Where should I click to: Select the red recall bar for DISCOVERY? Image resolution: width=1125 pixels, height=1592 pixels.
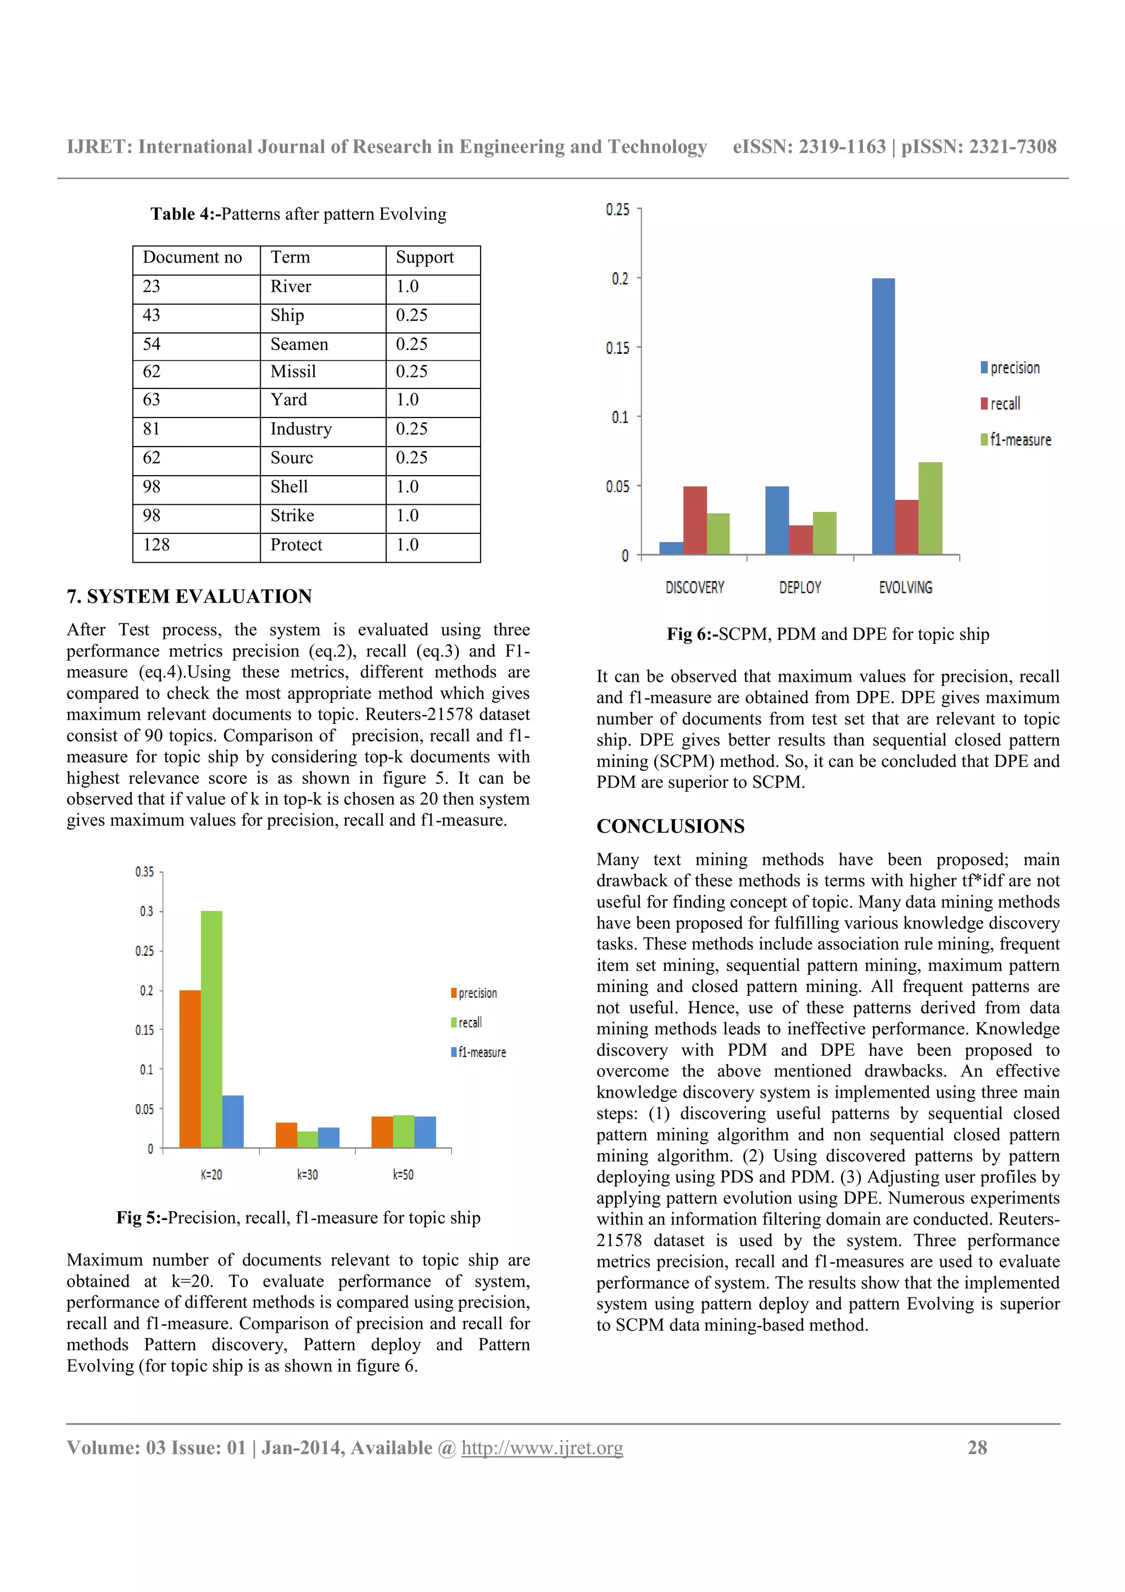click(694, 520)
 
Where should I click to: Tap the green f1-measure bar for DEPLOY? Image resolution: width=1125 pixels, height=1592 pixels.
click(824, 532)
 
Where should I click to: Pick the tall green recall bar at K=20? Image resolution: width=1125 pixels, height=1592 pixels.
click(211, 1029)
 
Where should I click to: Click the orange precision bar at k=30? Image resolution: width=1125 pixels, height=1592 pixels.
click(286, 1134)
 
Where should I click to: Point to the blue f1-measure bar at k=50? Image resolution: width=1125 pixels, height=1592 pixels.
click(425, 1132)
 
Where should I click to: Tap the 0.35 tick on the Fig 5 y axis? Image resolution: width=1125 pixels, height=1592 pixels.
click(145, 872)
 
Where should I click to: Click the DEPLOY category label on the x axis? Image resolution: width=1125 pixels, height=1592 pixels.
click(800, 587)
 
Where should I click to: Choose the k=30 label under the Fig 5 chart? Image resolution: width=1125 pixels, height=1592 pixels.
click(307, 1174)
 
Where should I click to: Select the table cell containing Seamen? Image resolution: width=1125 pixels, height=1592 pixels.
click(299, 344)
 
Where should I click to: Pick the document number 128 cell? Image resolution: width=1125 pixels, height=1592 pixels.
click(157, 545)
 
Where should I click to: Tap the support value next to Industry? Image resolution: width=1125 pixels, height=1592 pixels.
click(412, 429)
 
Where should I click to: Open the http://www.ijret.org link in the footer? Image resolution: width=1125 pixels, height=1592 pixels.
click(542, 1448)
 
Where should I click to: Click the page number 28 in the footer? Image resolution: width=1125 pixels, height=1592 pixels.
click(977, 1448)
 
